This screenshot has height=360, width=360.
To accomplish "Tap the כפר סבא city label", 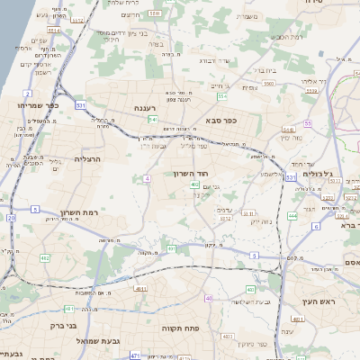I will coord(220,120).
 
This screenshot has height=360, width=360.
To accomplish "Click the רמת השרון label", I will coord(77,213).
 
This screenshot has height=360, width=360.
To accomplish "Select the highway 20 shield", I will coord(11,218).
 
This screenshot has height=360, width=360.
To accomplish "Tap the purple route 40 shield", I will coord(209,298).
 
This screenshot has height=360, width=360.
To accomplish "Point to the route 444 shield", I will coord(292,216).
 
